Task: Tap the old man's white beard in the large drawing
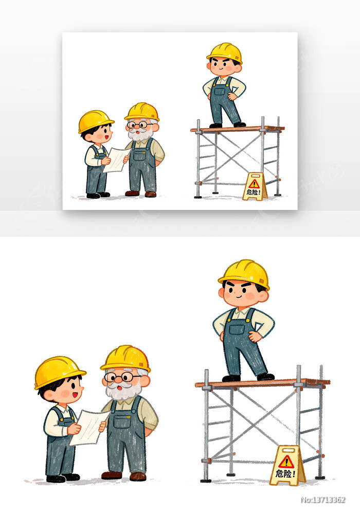[123, 391]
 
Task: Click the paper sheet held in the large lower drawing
[89, 427]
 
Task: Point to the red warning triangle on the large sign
[286, 462]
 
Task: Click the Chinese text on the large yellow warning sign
[285, 474]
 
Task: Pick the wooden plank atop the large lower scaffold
[262, 383]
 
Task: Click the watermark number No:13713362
[323, 500]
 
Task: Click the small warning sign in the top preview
[255, 186]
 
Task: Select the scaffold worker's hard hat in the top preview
[225, 53]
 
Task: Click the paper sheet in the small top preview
[116, 160]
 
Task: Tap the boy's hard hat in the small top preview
[95, 121]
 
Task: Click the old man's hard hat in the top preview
[142, 112]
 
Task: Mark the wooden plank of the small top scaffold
[238, 129]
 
